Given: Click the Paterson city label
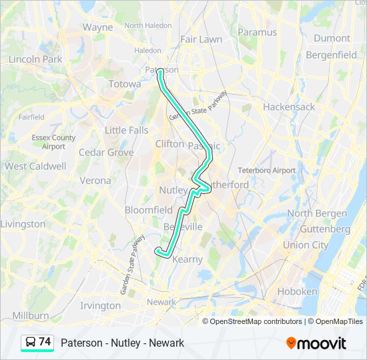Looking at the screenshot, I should tap(161, 69).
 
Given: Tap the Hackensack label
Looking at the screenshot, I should tap(288, 107).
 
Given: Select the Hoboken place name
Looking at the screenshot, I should tap(297, 291).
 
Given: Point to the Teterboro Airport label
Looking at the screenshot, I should tap(266, 170).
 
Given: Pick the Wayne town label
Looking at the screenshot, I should tap(97, 27).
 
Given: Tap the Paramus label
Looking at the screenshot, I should tap(257, 32).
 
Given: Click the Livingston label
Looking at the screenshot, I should tap(23, 224).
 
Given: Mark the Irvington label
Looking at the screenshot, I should tap(100, 305).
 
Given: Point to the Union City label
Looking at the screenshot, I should tap(306, 245).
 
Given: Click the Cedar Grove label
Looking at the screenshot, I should tap(106, 152).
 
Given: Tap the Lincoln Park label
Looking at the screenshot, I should tap(35, 59).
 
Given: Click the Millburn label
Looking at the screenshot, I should tap(31, 315).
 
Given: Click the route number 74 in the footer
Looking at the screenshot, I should tap(45, 342).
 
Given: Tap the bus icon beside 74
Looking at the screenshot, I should tap(30, 343).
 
